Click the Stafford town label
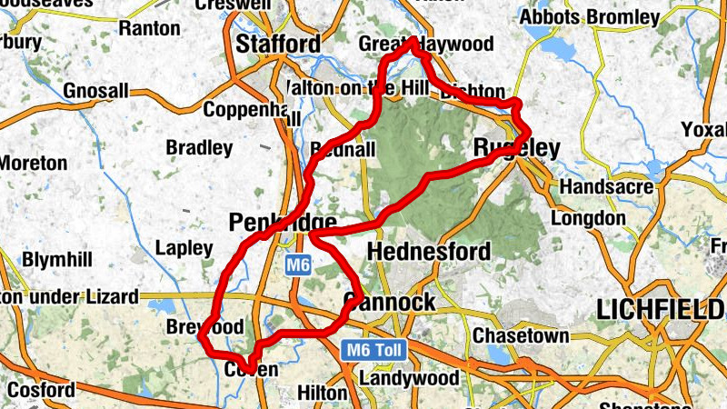click(x=278, y=44)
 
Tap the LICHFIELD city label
click(x=662, y=310)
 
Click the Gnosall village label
click(x=96, y=92)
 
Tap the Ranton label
click(x=149, y=28)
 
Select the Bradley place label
click(x=199, y=146)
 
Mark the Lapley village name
click(x=184, y=247)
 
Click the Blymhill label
click(x=56, y=260)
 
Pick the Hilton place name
click(x=323, y=393)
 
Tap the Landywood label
click(x=407, y=376)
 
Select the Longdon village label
click(x=588, y=218)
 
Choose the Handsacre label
click(x=607, y=186)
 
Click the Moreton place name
click(x=33, y=164)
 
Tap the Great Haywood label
click(x=426, y=45)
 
